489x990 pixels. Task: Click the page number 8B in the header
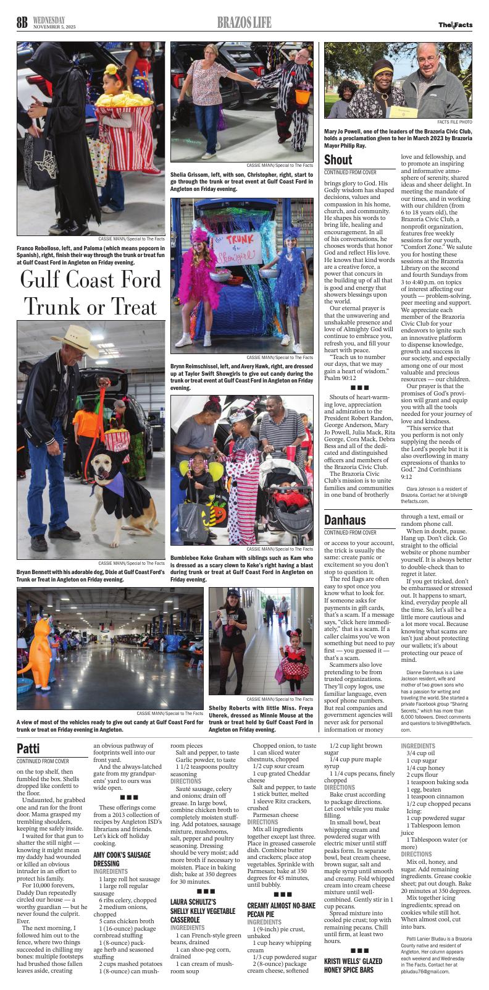pyautogui.click(x=23, y=23)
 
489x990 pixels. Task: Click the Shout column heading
pyautogui.click(x=338, y=160)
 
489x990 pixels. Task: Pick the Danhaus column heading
pyautogui.click(x=345, y=519)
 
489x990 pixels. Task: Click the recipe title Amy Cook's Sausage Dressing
pyautogui.click(x=122, y=858)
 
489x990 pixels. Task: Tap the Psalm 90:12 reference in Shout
pyautogui.click(x=340, y=377)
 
